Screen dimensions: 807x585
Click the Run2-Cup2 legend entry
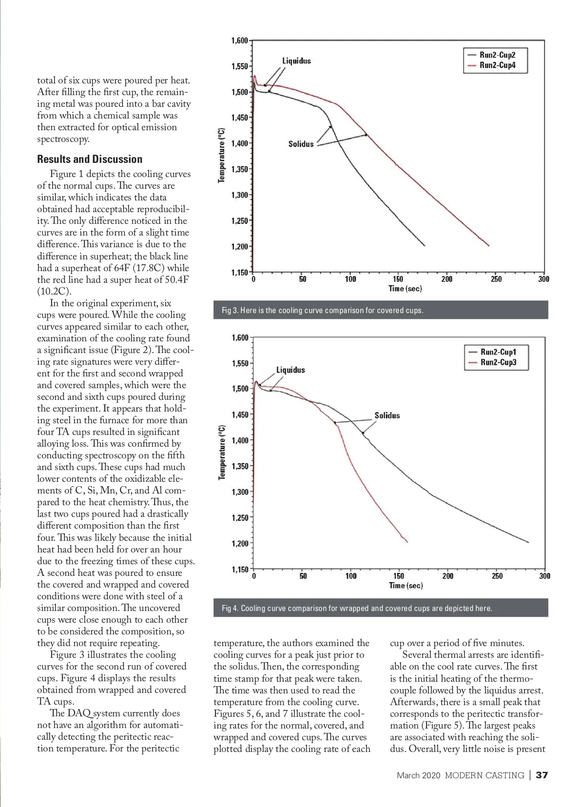click(x=497, y=55)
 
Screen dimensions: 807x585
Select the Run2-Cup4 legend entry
click(x=497, y=65)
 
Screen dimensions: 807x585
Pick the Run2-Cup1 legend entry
click(x=498, y=352)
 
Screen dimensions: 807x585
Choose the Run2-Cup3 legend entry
click(x=498, y=362)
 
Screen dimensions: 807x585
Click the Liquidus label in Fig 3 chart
click(x=296, y=61)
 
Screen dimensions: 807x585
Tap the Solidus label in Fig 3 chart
click(x=301, y=144)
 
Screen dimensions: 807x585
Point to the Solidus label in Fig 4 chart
click(x=387, y=415)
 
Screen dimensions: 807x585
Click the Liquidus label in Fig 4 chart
click(x=291, y=370)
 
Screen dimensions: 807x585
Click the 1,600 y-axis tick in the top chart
click(x=239, y=40)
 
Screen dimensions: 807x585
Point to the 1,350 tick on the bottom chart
click(x=240, y=466)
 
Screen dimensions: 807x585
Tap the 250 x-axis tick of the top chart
click(x=496, y=279)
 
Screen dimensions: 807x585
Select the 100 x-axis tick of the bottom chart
click(x=351, y=576)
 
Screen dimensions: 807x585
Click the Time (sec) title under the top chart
click(x=405, y=289)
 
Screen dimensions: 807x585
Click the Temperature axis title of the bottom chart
click(x=222, y=452)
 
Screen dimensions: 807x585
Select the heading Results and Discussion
click(x=90, y=159)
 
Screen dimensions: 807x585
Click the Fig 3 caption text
click(x=322, y=310)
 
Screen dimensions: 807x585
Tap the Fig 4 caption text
click(x=357, y=608)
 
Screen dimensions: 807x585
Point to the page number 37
click(x=542, y=775)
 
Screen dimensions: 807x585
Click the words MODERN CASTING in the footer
click(x=485, y=775)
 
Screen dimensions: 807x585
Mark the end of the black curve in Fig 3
click(x=425, y=245)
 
